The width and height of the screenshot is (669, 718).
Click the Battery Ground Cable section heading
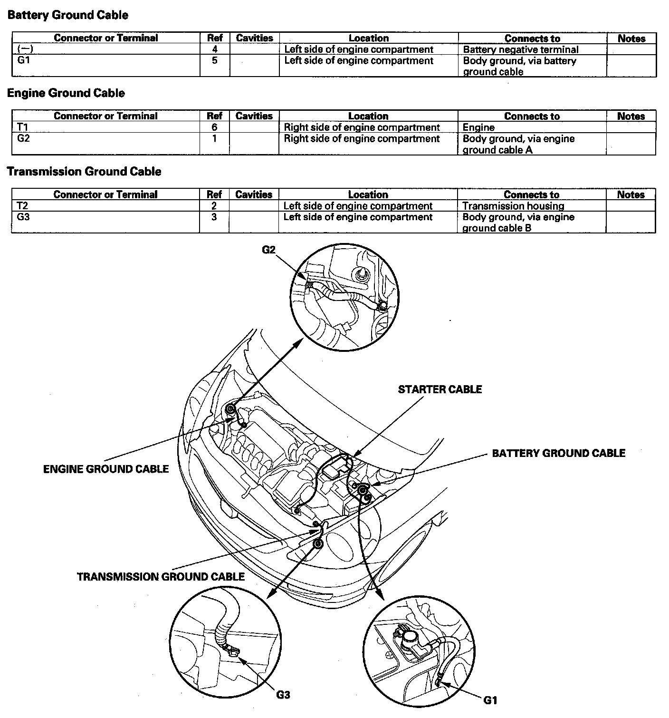[x=67, y=15]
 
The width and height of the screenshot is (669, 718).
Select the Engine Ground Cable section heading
[x=66, y=93]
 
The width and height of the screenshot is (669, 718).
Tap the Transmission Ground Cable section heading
[x=84, y=172]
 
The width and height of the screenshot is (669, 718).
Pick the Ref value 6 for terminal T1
[x=214, y=127]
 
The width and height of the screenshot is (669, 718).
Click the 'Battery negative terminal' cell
[x=520, y=49]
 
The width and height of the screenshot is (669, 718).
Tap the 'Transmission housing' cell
[x=513, y=206]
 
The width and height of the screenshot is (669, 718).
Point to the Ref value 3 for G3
[x=214, y=217]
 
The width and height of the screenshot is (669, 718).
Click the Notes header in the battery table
[x=631, y=39]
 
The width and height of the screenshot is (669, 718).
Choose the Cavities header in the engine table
[x=254, y=116]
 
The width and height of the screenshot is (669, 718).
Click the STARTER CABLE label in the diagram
[x=440, y=389]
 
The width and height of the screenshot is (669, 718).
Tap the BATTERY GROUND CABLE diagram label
[x=558, y=453]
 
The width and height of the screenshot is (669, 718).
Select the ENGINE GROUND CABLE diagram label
[x=106, y=469]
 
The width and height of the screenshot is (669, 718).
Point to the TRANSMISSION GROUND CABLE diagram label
[x=161, y=577]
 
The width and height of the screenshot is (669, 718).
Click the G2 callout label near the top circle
[x=268, y=251]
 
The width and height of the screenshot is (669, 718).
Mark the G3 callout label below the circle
[x=283, y=695]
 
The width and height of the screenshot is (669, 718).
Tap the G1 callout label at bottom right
[x=490, y=700]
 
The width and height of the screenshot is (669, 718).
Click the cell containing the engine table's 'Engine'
[x=478, y=127]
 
